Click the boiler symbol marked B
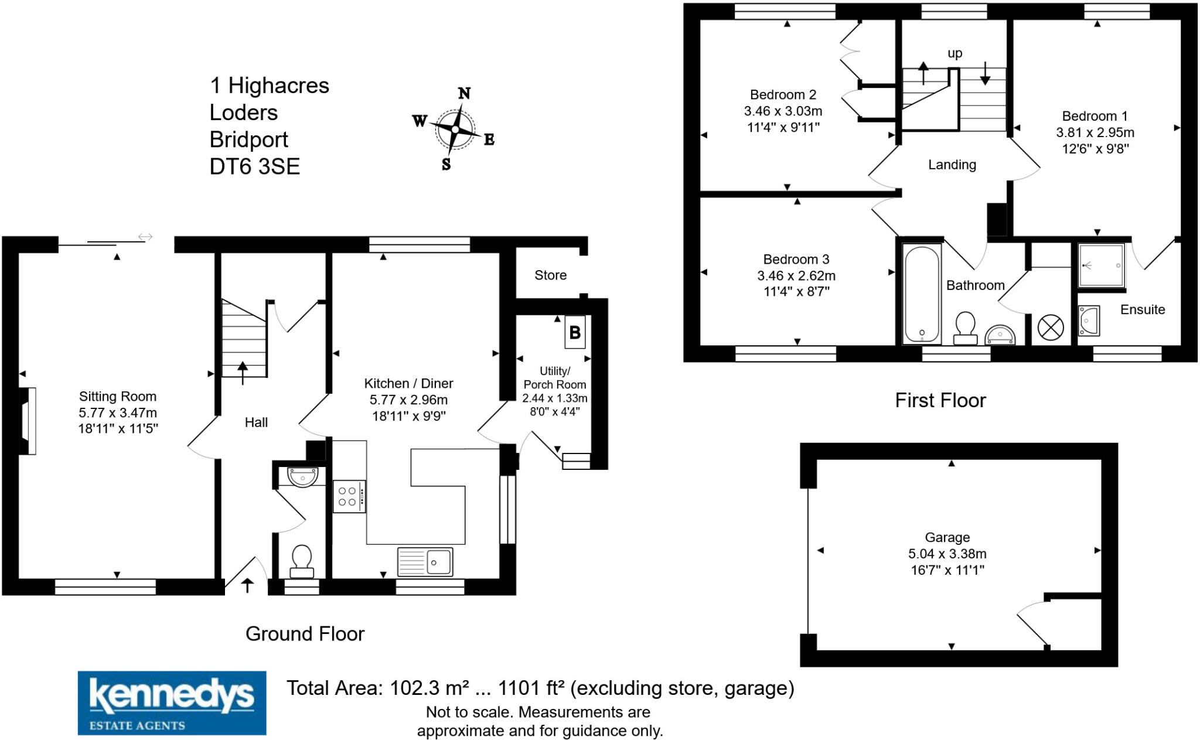pyautogui.click(x=575, y=333)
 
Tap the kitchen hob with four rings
pyautogui.click(x=349, y=496)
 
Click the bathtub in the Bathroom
pyautogui.click(x=922, y=294)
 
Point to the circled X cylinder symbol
pyautogui.click(x=1050, y=328)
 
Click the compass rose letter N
pyautogui.click(x=464, y=93)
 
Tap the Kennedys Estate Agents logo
pyautogui.click(x=172, y=703)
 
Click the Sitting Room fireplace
pyautogui.click(x=28, y=421)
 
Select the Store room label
pyautogui.click(x=550, y=275)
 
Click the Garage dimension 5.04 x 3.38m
pyautogui.click(x=947, y=554)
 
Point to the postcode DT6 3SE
pyautogui.click(x=254, y=167)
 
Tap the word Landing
pyautogui.click(x=952, y=165)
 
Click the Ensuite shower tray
pyautogui.click(x=1101, y=265)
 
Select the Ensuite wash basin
pyautogui.click(x=1089, y=320)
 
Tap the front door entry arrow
pyautogui.click(x=247, y=585)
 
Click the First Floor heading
pyautogui.click(x=940, y=400)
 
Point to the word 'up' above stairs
pyautogui.click(x=954, y=53)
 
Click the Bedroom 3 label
pyautogui.click(x=796, y=259)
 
